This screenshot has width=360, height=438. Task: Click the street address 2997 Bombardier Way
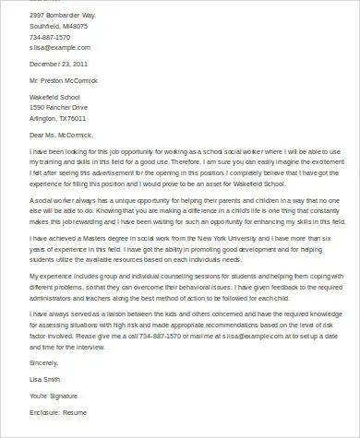(64, 16)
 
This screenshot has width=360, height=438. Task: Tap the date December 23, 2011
(59, 65)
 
